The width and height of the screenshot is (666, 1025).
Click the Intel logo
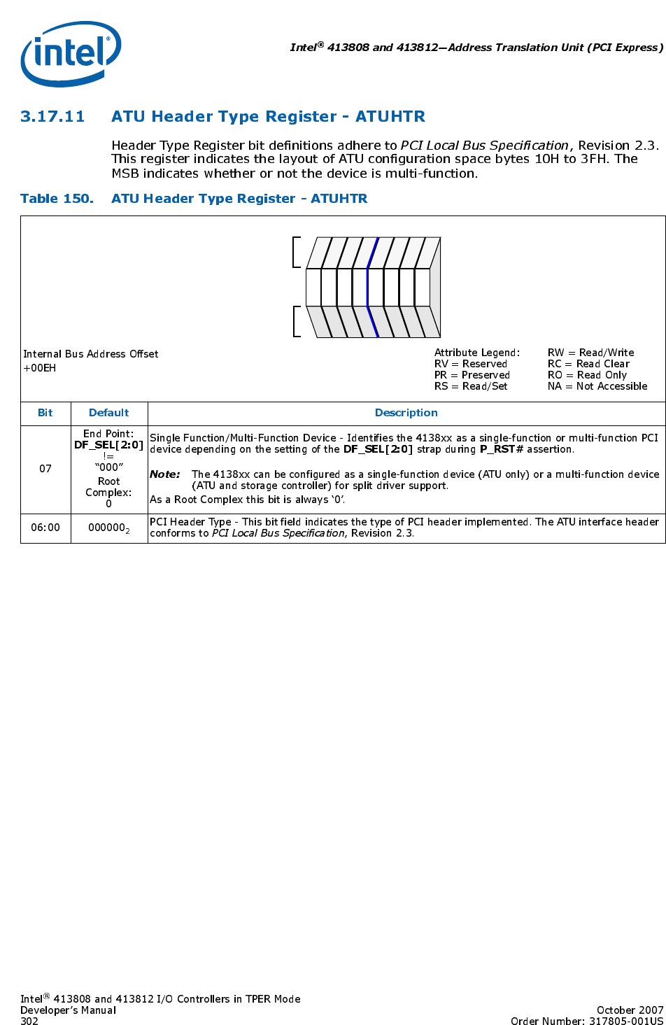point(71,53)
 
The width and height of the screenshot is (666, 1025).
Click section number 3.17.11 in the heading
point(52,117)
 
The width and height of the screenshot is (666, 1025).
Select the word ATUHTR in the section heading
point(390,117)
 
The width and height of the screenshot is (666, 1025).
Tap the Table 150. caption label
point(57,199)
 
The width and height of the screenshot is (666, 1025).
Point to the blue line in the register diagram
point(371,287)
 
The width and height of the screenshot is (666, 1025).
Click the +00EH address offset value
point(40,368)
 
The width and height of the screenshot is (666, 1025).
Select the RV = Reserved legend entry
point(470,364)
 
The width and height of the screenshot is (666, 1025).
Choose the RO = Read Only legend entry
point(587,375)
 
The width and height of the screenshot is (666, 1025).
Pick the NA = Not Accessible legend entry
point(597,386)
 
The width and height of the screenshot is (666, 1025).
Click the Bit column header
point(45,413)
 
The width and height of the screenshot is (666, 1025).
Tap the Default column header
point(109,413)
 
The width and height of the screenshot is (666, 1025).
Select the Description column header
point(406,413)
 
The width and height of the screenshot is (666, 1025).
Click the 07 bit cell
point(45,469)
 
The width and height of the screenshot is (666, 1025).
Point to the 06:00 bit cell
point(45,528)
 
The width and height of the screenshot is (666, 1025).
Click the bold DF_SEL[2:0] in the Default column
point(109,445)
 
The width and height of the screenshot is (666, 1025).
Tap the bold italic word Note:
point(165,474)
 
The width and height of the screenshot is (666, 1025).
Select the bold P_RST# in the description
point(502,449)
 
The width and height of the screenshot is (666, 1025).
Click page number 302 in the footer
point(29,1022)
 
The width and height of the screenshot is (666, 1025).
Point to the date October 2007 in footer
point(630,1010)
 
